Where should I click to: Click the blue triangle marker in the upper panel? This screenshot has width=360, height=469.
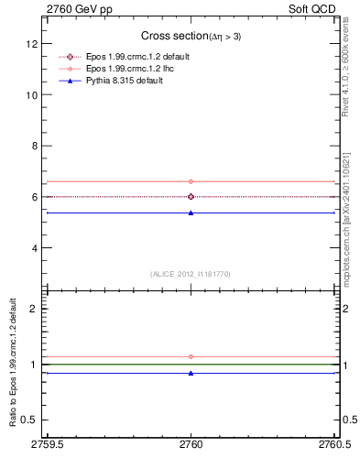coord(191,213)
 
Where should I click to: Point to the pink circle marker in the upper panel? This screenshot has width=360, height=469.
coord(191,181)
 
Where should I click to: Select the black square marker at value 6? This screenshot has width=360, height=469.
coord(191,196)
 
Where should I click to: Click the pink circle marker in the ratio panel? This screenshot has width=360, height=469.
coord(191,356)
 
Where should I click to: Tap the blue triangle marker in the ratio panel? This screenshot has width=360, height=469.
coord(191,373)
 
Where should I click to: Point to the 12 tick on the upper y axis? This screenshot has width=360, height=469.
coord(32,44)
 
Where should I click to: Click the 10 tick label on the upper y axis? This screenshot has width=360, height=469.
coord(32,94)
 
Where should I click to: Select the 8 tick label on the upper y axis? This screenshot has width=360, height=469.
coord(35,146)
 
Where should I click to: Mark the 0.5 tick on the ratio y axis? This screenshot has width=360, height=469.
coord(30,420)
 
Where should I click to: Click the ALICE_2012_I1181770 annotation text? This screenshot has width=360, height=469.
coord(191,274)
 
